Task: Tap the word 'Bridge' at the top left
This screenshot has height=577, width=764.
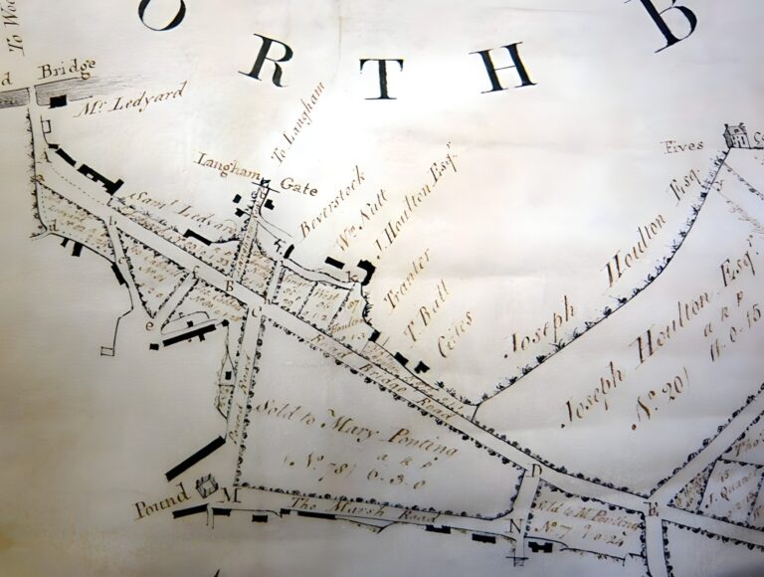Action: (66, 71)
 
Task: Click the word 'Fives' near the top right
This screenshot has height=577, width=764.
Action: (684, 145)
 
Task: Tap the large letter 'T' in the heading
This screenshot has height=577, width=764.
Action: (379, 77)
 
